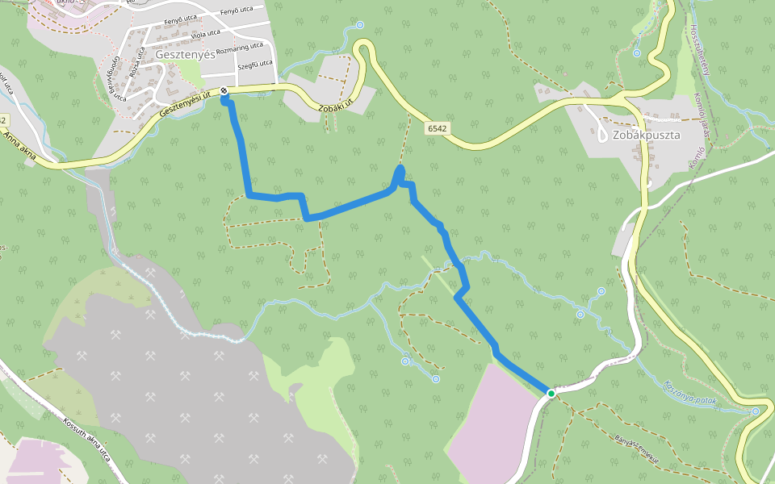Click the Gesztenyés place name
tap(186, 55)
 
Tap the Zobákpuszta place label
tap(646, 135)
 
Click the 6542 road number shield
tap(438, 127)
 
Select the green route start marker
tap(551, 393)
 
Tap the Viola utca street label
tap(203, 34)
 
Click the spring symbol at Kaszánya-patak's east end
tap(755, 411)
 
